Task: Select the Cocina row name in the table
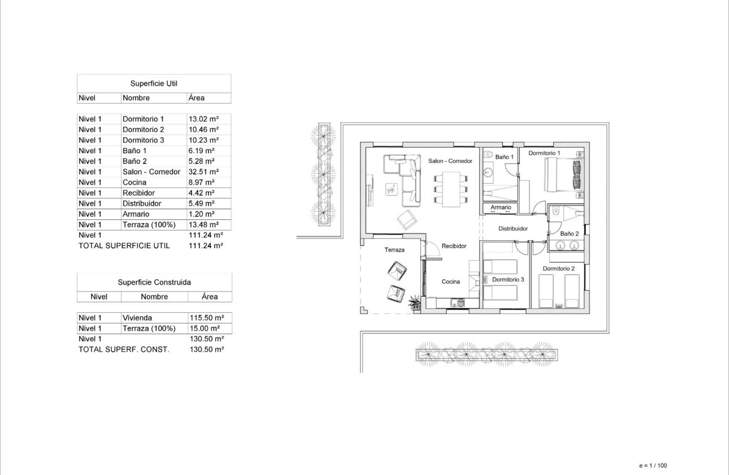pos(134,182)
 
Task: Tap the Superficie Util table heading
pos(154,83)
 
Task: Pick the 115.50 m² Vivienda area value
pos(206,318)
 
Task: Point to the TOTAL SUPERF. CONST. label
pos(123,349)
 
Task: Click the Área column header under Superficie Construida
pos(210,296)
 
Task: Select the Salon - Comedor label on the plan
pos(450,161)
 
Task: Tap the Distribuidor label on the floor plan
pos(513,229)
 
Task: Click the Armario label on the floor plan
pos(501,208)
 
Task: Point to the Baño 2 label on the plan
pos(570,234)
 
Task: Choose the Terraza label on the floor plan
pos(395,249)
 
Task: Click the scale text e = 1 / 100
pos(653,466)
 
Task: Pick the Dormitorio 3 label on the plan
pos(508,279)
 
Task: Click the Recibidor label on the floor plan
pos(454,247)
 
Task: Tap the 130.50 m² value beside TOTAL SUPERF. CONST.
pos(207,349)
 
